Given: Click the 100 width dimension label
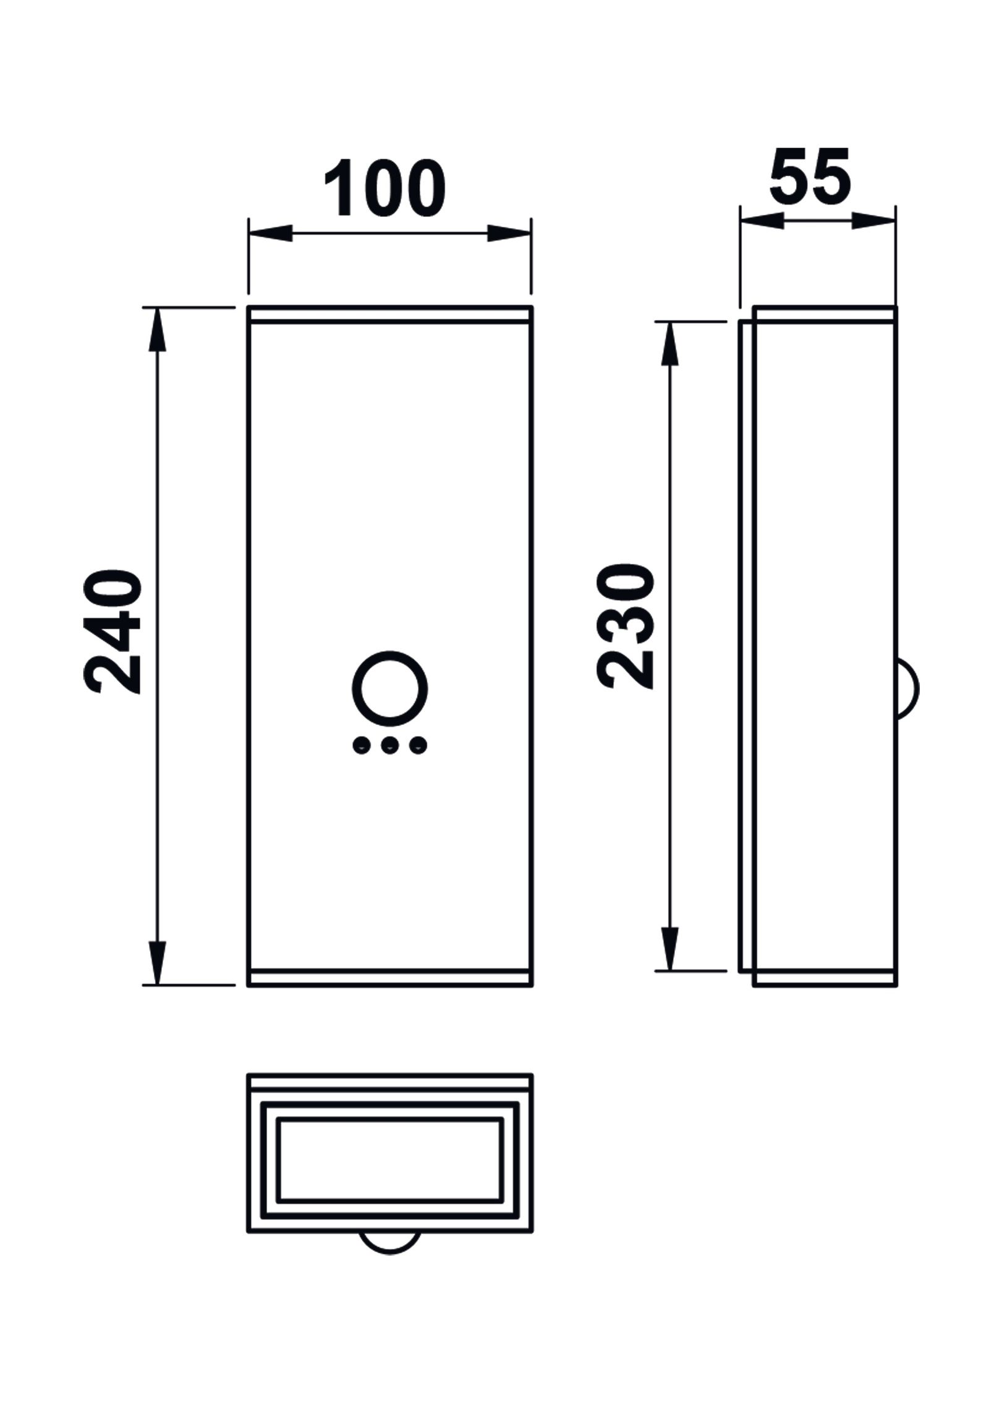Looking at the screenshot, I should click(x=384, y=188).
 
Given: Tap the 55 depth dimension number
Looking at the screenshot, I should click(x=810, y=177).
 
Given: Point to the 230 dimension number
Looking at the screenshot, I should click(x=627, y=627).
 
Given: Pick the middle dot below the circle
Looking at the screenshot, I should click(x=389, y=746).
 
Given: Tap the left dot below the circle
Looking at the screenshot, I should click(x=359, y=746).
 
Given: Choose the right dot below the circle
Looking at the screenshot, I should click(x=419, y=746).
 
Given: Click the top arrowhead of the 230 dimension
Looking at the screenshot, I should click(x=671, y=342).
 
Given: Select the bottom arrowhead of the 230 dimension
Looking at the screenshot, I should click(x=671, y=949).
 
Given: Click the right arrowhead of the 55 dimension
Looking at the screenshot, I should click(x=873, y=221).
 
